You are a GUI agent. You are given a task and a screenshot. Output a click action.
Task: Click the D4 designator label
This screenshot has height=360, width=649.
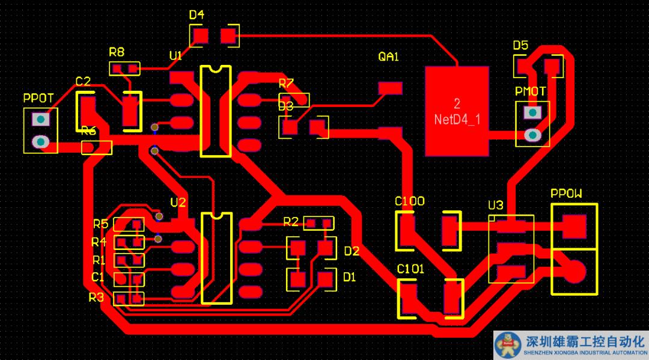[197, 15]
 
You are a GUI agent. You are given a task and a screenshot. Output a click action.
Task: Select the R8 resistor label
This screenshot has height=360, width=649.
[117, 52]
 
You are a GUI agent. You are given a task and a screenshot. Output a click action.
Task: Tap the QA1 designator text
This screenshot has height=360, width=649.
[388, 57]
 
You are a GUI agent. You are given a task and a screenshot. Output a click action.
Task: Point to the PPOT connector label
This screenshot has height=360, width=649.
[38, 97]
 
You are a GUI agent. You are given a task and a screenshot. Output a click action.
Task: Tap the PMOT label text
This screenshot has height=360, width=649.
[531, 91]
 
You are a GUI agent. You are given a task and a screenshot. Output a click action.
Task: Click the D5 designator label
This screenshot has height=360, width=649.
[520, 46]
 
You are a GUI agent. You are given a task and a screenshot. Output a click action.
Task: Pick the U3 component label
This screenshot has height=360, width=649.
[496, 206]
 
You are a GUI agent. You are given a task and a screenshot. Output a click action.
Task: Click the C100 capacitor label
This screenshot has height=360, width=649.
[410, 201]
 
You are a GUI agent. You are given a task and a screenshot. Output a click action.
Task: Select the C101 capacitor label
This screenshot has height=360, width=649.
[410, 269]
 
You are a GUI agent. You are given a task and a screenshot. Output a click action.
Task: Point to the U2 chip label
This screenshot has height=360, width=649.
[178, 202]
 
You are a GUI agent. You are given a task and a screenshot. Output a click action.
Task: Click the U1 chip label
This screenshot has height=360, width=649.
[175, 56]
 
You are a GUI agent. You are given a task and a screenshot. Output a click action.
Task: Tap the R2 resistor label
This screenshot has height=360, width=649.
[291, 222]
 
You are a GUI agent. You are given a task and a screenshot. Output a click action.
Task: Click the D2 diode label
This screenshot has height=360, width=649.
[351, 251]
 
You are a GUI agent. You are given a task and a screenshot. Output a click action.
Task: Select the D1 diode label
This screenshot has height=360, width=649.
[349, 277]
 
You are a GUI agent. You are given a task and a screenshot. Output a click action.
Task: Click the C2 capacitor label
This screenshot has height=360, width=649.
[83, 81]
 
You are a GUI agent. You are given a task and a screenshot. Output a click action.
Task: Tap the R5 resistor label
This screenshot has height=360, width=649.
[100, 224]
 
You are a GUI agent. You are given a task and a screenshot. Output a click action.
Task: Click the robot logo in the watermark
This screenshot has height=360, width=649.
[508, 346]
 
